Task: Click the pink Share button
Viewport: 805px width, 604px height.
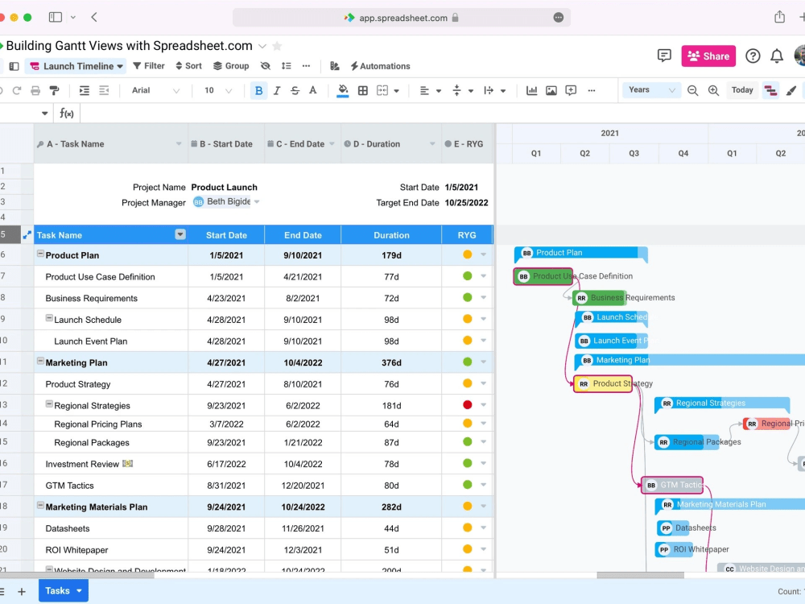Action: coord(708,56)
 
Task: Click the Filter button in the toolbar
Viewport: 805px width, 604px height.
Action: coord(149,66)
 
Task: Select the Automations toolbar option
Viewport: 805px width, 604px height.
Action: coord(380,66)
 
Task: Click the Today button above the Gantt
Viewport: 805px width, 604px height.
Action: coord(742,90)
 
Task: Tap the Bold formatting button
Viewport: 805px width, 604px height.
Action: coord(258,91)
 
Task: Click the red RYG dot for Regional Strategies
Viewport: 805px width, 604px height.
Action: coord(467,405)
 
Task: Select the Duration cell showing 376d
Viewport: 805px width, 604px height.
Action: coord(391,362)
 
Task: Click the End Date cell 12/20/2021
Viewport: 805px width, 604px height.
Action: coord(303,486)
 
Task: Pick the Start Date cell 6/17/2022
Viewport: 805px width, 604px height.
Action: coord(226,464)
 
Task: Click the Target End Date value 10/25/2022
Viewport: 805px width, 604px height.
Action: coord(466,203)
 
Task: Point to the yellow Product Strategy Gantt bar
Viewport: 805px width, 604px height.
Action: coord(603,384)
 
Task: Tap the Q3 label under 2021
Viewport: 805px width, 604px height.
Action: coord(634,153)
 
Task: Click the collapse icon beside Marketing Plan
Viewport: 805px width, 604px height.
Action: coord(40,362)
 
